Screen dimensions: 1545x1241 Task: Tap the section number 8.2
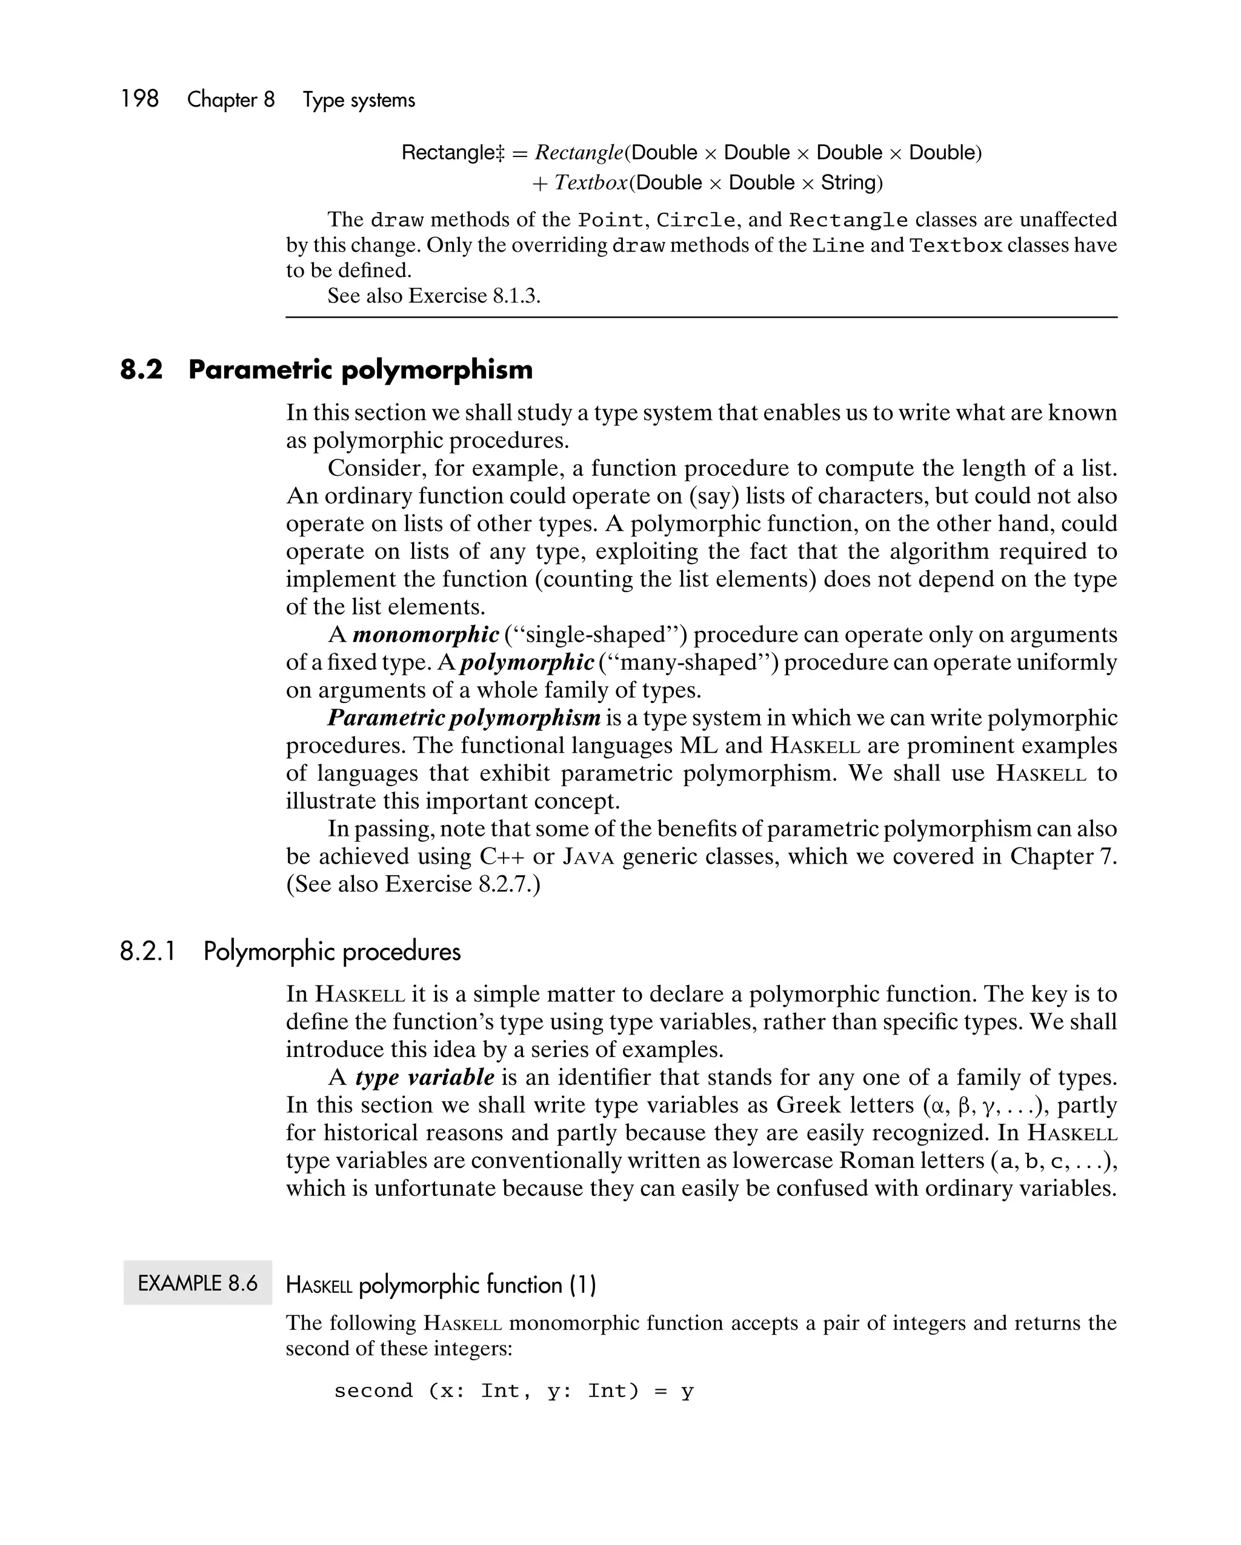[141, 370]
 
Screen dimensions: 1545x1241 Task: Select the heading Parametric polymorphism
[361, 370]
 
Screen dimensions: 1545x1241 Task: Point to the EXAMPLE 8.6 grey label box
[197, 1283]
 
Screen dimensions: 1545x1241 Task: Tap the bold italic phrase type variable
[424, 1077]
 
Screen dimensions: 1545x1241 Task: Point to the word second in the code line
[373, 1391]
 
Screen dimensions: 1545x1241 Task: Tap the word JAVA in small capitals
[588, 857]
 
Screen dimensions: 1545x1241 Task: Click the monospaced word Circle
[695, 220]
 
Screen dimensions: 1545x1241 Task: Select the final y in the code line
[687, 1391]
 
